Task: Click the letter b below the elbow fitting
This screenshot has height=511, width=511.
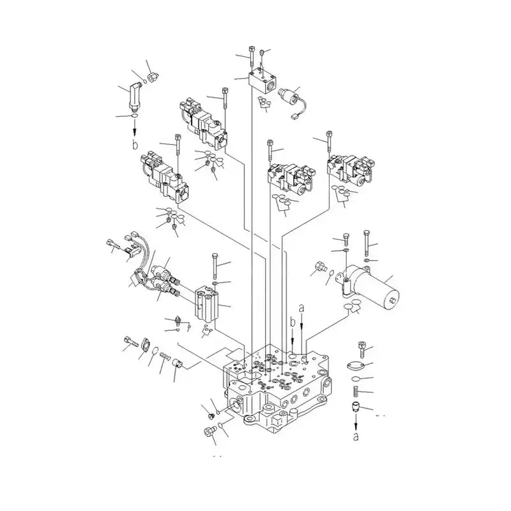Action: click(x=135, y=145)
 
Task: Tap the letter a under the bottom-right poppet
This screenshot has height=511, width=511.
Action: click(x=356, y=437)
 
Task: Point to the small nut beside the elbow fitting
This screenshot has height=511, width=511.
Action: click(x=152, y=78)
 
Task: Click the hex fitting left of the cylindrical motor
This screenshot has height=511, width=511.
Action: click(x=319, y=268)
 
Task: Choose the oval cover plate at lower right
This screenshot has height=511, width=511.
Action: click(x=356, y=366)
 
